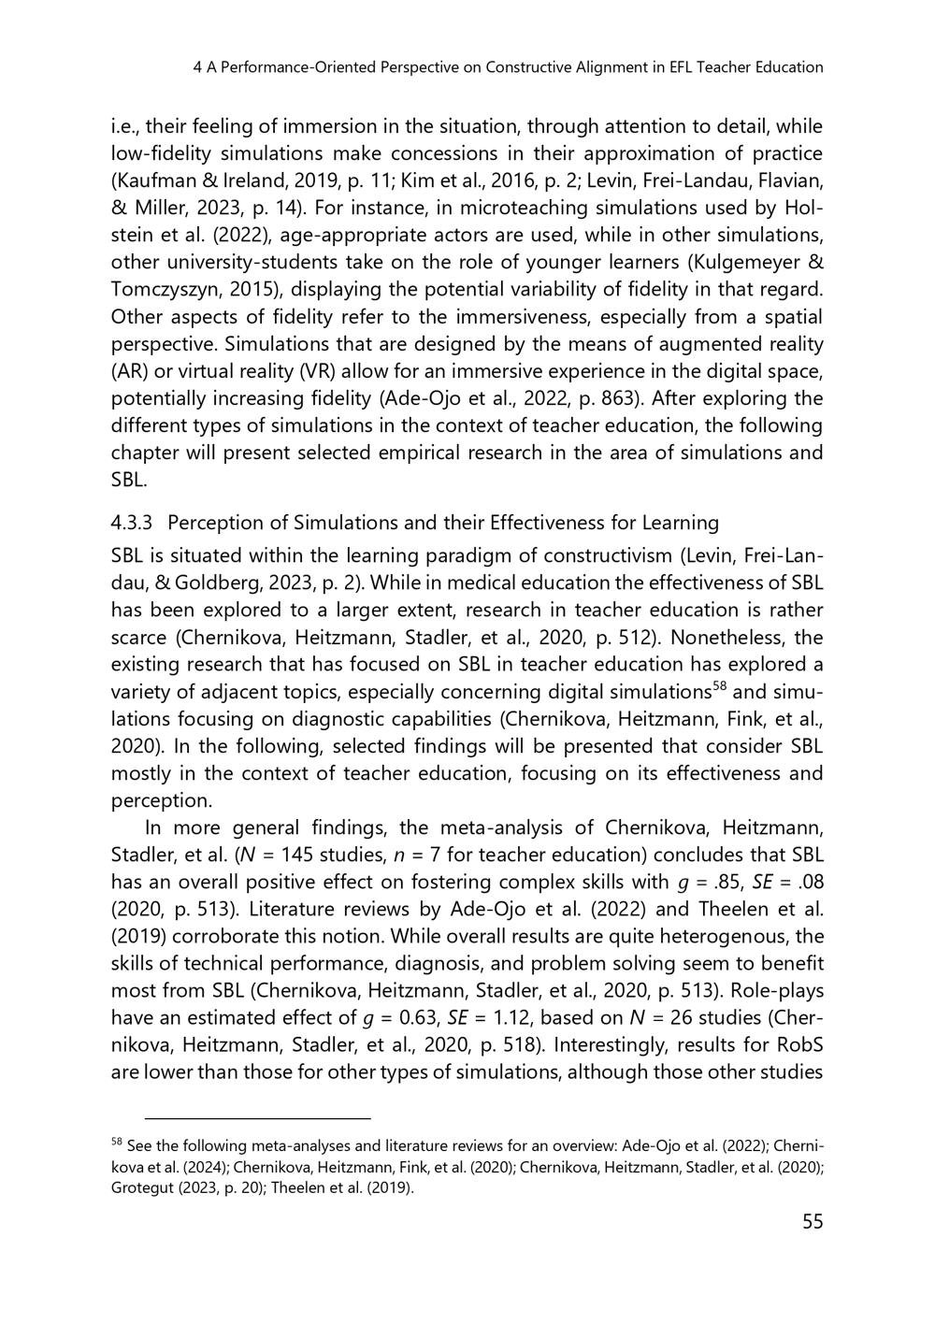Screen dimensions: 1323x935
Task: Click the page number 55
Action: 812,1221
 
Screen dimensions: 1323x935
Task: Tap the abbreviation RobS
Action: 799,1044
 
